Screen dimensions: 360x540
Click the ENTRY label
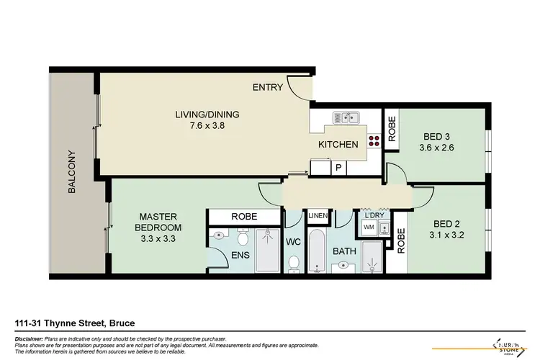click(x=266, y=88)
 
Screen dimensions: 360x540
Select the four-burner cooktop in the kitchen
click(x=374, y=141)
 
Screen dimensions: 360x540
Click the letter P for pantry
click(x=338, y=168)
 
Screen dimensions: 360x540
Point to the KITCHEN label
click(x=338, y=145)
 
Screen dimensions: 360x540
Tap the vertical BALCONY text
click(x=71, y=171)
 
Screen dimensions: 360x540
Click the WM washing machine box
click(x=369, y=228)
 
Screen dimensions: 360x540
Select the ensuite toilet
click(x=243, y=238)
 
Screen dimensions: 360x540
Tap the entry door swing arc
click(x=301, y=88)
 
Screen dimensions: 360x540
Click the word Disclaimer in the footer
click(x=30, y=338)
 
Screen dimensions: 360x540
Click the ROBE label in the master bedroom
click(x=242, y=216)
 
